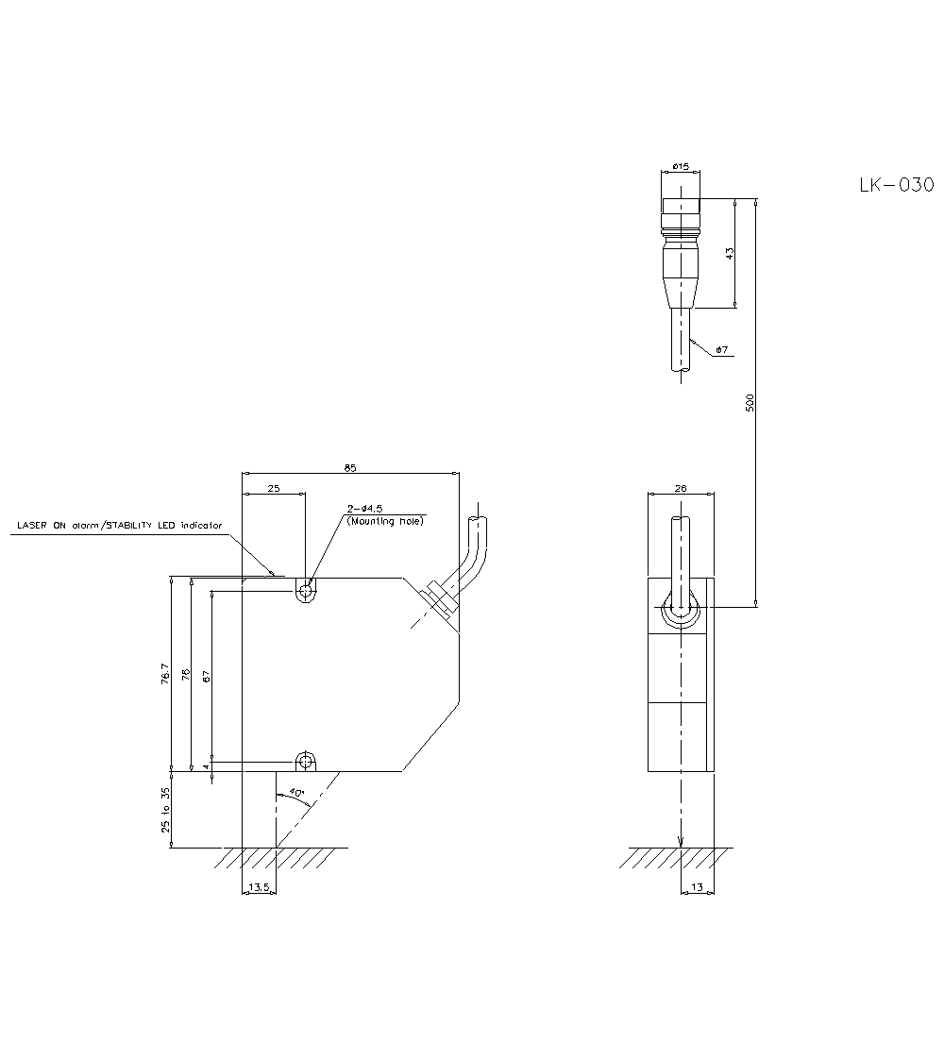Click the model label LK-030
pyautogui.click(x=896, y=185)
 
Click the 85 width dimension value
pyautogui.click(x=350, y=467)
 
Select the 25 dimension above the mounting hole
pyautogui.click(x=274, y=489)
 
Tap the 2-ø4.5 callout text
pyautogui.click(x=364, y=509)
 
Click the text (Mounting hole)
pyautogui.click(x=385, y=520)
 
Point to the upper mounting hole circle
pyautogui.click(x=305, y=592)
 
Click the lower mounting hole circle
pyautogui.click(x=305, y=761)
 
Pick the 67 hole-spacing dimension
pyautogui.click(x=206, y=676)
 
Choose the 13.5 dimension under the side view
pyautogui.click(x=259, y=888)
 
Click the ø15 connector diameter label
pyautogui.click(x=680, y=166)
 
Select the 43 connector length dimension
pyautogui.click(x=729, y=253)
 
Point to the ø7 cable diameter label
pyautogui.click(x=721, y=350)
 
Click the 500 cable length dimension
pyautogui.click(x=750, y=403)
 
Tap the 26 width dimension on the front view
pyautogui.click(x=681, y=489)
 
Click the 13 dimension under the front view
pyautogui.click(x=697, y=888)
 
